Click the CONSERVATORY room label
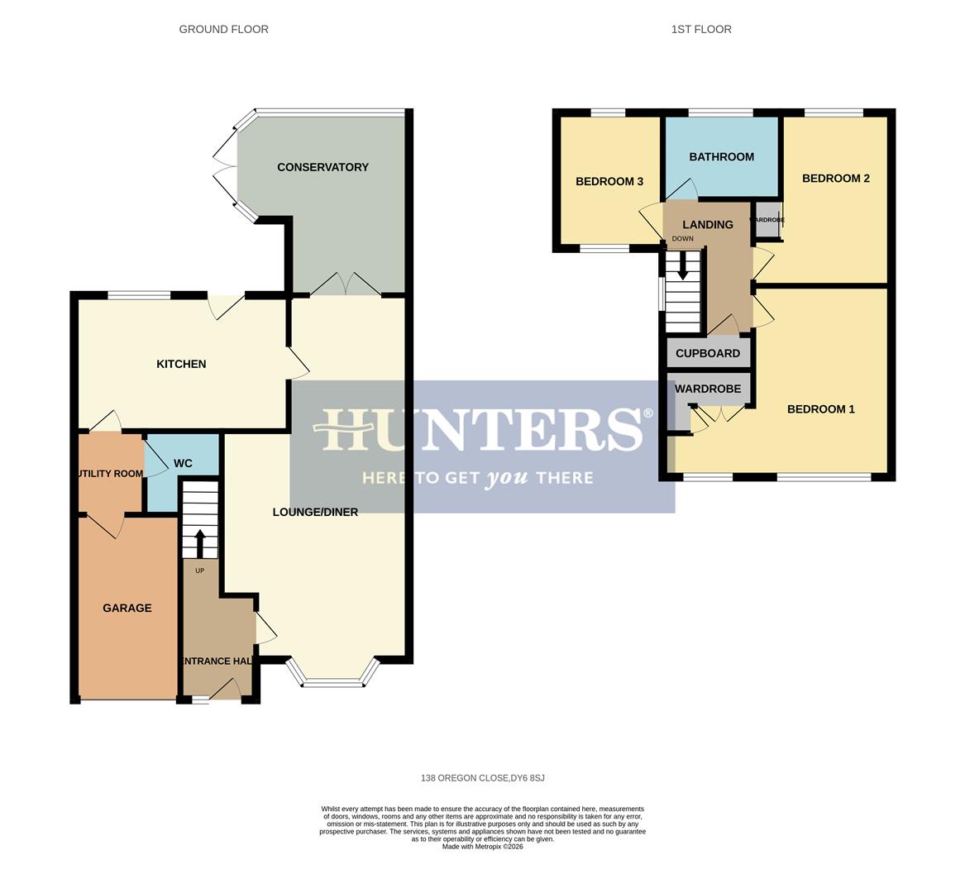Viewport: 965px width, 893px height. pyautogui.click(x=322, y=167)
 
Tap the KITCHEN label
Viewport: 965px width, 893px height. pyautogui.click(x=181, y=364)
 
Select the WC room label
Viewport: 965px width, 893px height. pyautogui.click(x=183, y=463)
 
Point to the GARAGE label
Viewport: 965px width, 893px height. pyautogui.click(x=127, y=608)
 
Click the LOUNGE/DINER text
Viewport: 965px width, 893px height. pyautogui.click(x=315, y=512)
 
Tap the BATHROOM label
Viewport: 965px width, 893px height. pyautogui.click(x=721, y=156)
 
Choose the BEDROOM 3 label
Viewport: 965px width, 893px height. pyautogui.click(x=609, y=181)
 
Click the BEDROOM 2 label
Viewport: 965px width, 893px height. pyautogui.click(x=835, y=178)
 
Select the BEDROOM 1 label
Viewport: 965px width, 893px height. pyautogui.click(x=820, y=408)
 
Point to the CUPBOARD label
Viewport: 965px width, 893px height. pyautogui.click(x=708, y=353)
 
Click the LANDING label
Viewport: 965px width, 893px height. pyautogui.click(x=707, y=224)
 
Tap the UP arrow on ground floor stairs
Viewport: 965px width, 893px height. pyautogui.click(x=199, y=542)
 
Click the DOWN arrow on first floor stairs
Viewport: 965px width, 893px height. pyautogui.click(x=683, y=266)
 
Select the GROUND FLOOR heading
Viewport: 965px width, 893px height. pyautogui.click(x=223, y=29)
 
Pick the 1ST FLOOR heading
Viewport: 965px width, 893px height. pyautogui.click(x=701, y=29)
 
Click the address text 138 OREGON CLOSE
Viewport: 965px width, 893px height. pyautogui.click(x=482, y=778)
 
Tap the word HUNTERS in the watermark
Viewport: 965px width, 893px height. pyautogui.click(x=482, y=430)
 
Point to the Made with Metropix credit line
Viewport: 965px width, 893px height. pyautogui.click(x=482, y=846)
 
